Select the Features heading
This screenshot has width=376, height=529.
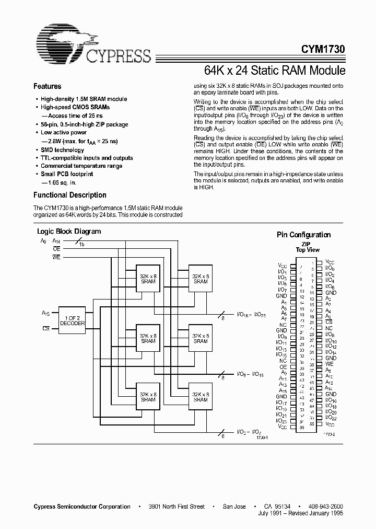tap(47, 87)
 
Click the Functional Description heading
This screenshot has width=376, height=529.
tap(69, 195)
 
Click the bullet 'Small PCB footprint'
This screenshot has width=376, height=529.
tap(67, 175)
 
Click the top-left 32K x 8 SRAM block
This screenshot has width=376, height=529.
tap(148, 279)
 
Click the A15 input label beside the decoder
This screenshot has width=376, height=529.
tap(45, 313)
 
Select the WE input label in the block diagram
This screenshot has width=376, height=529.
tap(56, 257)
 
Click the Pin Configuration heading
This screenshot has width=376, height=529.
tap(303, 235)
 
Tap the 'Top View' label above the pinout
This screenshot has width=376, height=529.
tap(308, 250)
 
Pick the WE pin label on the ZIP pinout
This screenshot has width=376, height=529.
tap(329, 364)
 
